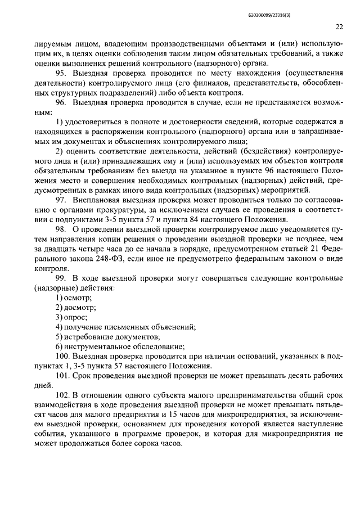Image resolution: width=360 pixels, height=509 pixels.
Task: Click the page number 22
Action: coord(339,26)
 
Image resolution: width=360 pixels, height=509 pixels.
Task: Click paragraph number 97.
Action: coord(61,200)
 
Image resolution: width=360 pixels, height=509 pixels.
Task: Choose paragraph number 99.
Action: coord(61,279)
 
